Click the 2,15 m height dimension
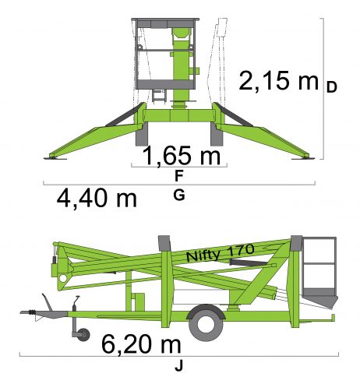coord(278,80)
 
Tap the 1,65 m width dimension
coord(182,156)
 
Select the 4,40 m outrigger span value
coord(97,199)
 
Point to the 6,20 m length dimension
coord(141,344)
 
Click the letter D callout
coord(331,87)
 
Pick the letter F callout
coord(179,176)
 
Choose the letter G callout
coord(179,195)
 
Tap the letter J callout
coord(178,366)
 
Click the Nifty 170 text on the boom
coord(220,252)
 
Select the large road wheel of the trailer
coord(206,324)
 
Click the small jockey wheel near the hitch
coord(83,334)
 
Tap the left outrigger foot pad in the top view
coord(55,158)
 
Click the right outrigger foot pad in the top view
coord(303,158)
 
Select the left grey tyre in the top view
coord(142,134)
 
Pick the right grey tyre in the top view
coord(217,134)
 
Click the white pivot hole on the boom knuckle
coord(63,279)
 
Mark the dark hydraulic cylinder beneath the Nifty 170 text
coord(249,262)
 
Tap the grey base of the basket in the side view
coord(320,298)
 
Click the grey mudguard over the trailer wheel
coord(206,311)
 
